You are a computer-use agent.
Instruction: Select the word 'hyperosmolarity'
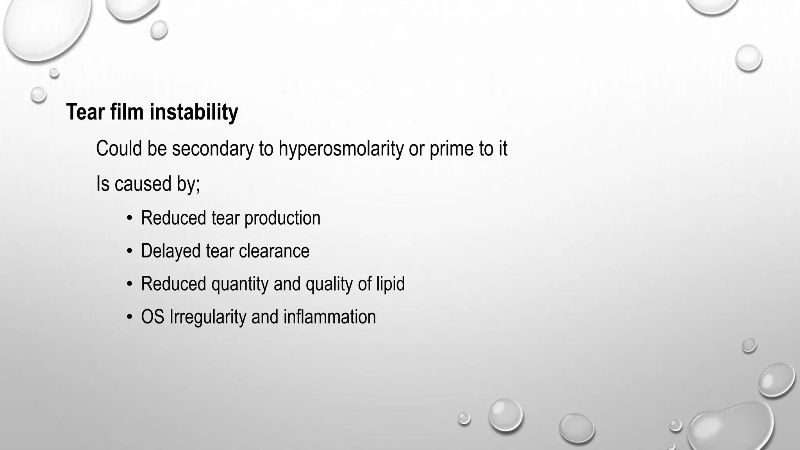[341, 148]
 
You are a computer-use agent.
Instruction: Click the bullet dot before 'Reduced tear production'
[129, 218]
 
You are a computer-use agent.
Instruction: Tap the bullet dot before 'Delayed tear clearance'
[129, 251]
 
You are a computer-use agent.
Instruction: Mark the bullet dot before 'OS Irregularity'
[129, 317]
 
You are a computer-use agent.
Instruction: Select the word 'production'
[282, 218]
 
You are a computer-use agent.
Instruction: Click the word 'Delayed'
[171, 251]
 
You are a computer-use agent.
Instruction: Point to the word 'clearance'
[274, 251]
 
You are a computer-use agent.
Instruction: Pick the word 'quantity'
[239, 284]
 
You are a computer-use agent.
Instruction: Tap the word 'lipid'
[390, 284]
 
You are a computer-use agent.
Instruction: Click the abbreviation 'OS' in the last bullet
[152, 317]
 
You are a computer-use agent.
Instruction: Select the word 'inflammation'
[329, 317]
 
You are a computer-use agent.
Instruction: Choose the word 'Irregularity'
[207, 317]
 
